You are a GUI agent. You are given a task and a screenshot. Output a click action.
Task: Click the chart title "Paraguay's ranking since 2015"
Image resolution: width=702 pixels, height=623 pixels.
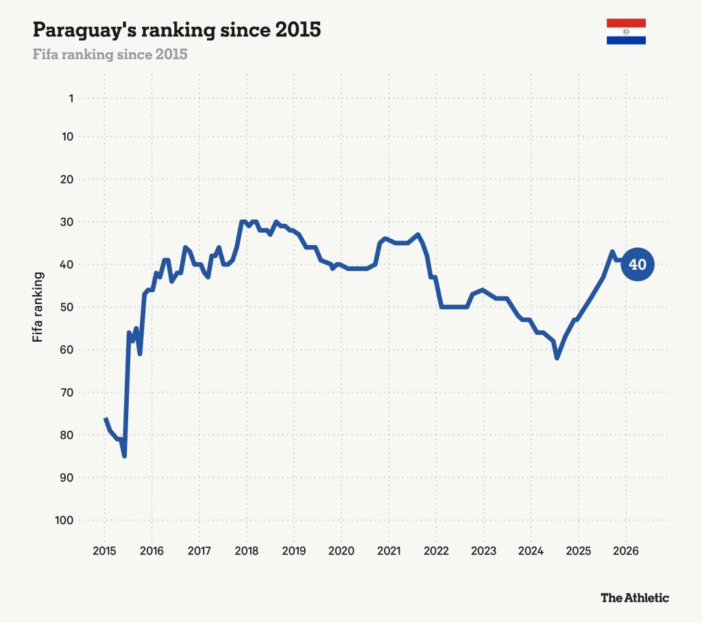coord(177,30)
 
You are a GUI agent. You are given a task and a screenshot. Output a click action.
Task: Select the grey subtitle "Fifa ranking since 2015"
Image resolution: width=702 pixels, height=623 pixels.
coord(110,55)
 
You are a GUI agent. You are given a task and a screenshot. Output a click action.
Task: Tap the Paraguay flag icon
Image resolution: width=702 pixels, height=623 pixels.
coord(626,31)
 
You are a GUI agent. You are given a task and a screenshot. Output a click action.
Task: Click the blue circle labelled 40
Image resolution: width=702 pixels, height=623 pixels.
coord(638,265)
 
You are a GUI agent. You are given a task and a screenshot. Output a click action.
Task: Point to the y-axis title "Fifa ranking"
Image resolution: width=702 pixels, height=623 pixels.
coord(38,307)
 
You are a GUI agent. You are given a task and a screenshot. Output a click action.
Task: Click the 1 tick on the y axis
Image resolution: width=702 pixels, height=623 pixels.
coord(71,99)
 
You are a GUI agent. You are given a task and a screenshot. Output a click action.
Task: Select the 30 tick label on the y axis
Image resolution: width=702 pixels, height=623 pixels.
coord(66,222)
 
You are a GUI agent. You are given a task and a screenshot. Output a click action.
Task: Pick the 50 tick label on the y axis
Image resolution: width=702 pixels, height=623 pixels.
coord(66,307)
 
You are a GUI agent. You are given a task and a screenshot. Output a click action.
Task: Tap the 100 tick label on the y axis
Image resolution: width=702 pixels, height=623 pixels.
coord(64,520)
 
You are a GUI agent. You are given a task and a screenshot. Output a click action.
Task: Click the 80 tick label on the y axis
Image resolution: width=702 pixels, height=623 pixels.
coord(66,435)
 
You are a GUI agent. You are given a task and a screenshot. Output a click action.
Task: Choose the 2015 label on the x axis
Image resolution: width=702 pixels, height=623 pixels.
coord(104,551)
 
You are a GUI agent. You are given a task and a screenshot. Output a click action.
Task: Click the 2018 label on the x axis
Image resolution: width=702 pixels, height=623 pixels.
coord(247,551)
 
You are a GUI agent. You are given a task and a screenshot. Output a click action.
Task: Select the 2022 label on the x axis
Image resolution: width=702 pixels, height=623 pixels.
coord(436,551)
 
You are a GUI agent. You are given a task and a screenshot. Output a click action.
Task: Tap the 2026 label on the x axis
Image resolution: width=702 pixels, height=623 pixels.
coord(626,551)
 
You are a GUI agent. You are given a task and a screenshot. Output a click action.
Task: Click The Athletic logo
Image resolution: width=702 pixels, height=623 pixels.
coord(635,598)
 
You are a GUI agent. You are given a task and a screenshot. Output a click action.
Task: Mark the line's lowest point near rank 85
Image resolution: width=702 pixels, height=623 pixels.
coord(125,456)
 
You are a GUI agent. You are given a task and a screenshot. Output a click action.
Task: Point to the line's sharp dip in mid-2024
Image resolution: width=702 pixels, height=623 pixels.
coord(557,358)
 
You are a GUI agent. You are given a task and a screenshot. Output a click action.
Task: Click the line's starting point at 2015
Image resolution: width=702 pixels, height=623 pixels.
coord(106,418)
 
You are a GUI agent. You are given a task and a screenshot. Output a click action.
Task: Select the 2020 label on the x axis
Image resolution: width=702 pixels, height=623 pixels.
coord(341,551)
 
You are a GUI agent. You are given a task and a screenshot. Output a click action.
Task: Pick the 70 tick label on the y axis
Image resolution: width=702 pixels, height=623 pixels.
coord(66,393)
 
